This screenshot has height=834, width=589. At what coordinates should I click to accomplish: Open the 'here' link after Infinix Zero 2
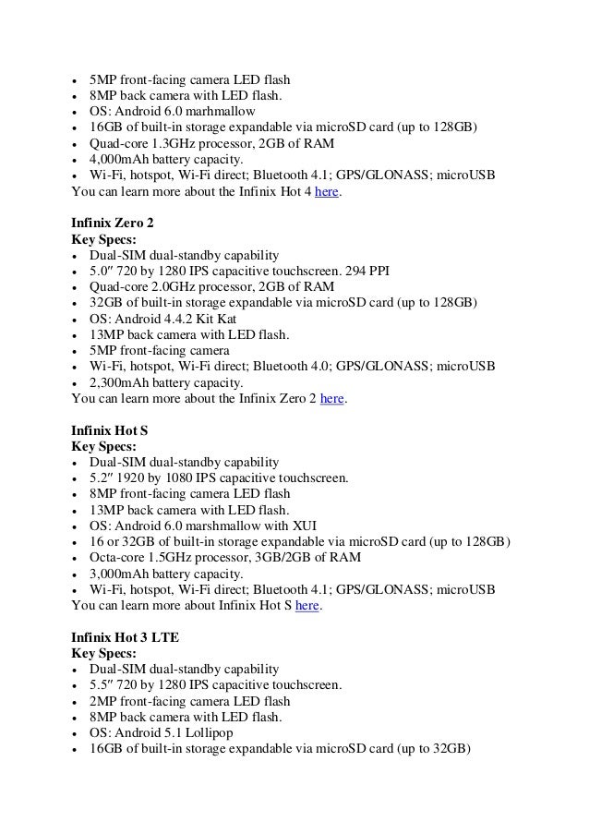point(332,400)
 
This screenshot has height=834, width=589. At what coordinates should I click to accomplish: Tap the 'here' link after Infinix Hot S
point(307,606)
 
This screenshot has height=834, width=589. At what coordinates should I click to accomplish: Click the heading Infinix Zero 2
point(114,222)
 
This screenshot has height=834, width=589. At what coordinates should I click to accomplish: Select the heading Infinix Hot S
point(109,429)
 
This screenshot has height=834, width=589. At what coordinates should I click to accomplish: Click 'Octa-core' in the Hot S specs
point(117,557)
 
